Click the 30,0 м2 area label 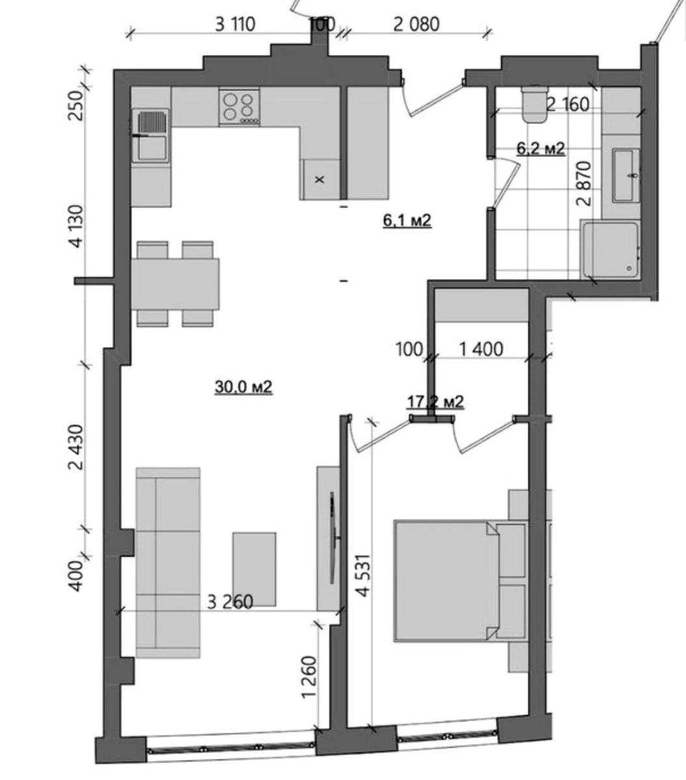point(244,387)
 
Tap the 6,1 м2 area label point(407,220)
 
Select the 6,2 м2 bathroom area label point(540,148)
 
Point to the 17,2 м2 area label point(435,402)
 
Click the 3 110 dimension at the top point(235,25)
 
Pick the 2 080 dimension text point(416,25)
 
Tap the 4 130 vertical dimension point(76,226)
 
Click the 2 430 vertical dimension point(76,447)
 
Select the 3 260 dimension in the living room point(230,602)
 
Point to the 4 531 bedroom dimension point(364,575)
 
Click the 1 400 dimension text point(481,349)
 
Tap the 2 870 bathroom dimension point(583,183)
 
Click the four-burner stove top point(239,107)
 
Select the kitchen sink point(151,135)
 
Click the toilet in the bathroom point(535,105)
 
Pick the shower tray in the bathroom point(611,249)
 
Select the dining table point(175,284)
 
